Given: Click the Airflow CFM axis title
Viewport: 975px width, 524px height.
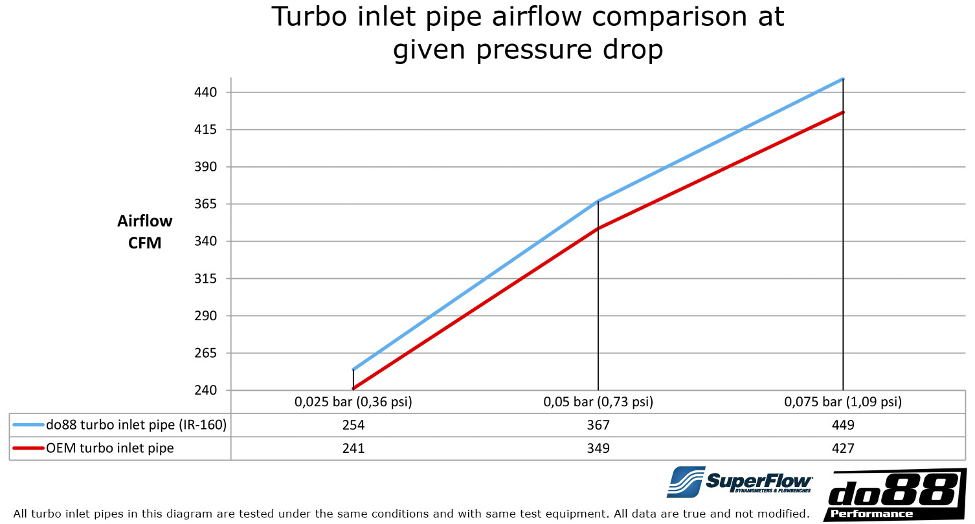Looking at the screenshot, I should (145, 232).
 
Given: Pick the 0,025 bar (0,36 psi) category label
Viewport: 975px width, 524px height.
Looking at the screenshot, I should (353, 402).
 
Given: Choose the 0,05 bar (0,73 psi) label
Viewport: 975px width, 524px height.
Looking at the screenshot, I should (598, 402).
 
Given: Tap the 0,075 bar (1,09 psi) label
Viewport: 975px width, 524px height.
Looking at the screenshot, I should (843, 402).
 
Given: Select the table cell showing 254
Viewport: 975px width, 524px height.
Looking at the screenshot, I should (353, 425).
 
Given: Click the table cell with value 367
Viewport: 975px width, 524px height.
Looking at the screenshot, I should (598, 425).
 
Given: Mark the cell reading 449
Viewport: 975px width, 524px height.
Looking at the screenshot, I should (843, 425).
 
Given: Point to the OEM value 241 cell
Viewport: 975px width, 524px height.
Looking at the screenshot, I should (353, 448).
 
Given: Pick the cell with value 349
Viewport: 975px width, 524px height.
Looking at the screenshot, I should (598, 448).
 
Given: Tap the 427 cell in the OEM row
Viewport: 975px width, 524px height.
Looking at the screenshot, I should (843, 448).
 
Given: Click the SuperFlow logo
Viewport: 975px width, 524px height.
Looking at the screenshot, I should (740, 482).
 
